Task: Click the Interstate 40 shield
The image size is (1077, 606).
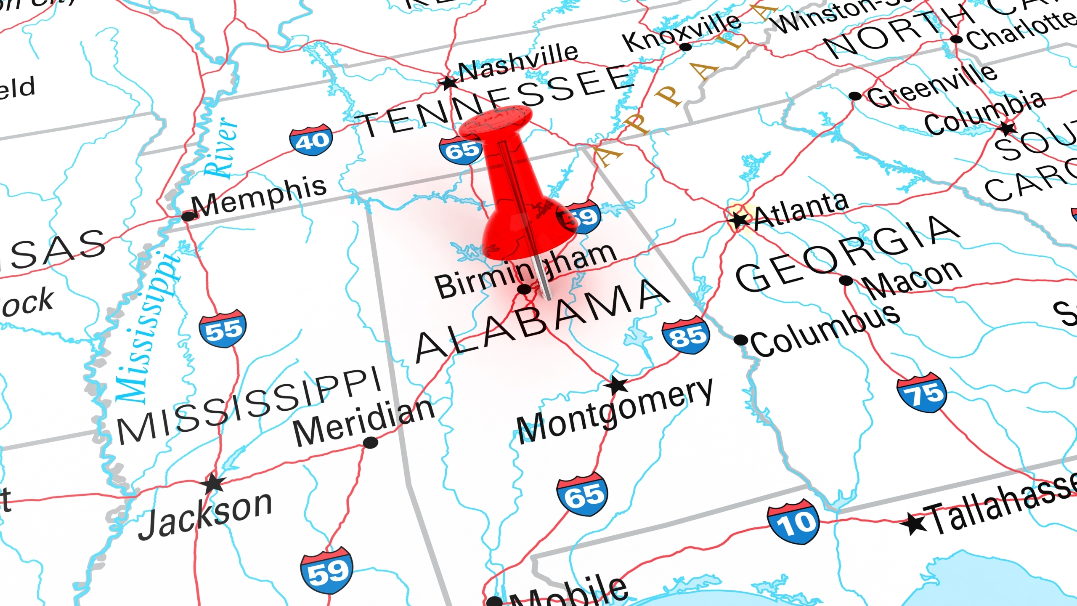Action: (311, 140)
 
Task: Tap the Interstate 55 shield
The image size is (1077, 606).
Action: (223, 329)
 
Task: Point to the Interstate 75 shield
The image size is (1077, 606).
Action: (922, 393)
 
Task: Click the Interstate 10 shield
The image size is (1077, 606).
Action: (793, 522)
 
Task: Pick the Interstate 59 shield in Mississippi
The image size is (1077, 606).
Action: (326, 571)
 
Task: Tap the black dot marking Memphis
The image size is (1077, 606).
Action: (188, 216)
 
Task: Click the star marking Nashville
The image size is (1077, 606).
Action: (448, 82)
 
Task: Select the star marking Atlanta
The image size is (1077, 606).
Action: (739, 220)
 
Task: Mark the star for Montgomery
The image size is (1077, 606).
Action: (617, 384)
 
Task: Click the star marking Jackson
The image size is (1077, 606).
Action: (214, 484)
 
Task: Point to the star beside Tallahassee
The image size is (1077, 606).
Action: (914, 524)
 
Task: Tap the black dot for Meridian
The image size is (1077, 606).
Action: (370, 443)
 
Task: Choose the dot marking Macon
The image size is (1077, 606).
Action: (846, 280)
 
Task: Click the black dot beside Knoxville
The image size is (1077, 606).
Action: (685, 46)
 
